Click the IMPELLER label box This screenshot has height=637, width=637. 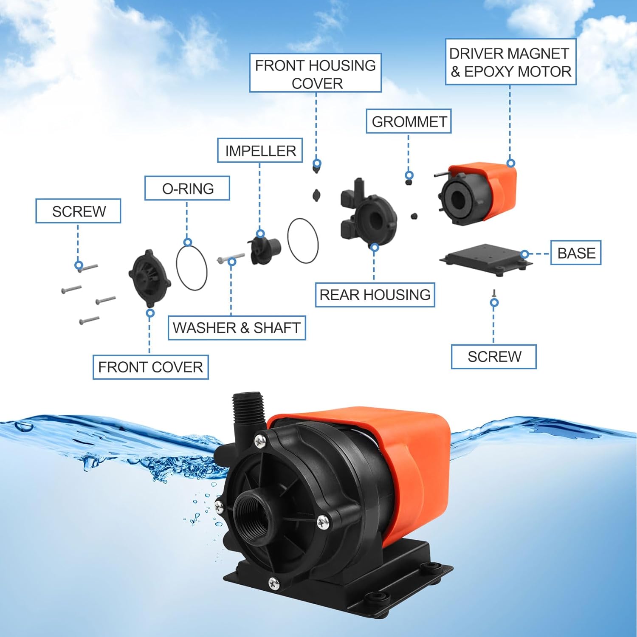click(260, 150)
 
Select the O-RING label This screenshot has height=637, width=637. click(187, 188)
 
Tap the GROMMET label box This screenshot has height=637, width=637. click(409, 121)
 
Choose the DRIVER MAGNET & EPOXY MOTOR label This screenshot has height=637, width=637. click(510, 62)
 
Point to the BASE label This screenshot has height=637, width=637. click(576, 253)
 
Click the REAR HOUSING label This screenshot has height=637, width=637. click(375, 294)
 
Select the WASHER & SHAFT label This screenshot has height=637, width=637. click(237, 327)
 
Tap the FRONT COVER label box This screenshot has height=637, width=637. click(150, 367)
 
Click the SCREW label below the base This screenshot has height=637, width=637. click(494, 356)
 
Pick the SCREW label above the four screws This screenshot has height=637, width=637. click(78, 211)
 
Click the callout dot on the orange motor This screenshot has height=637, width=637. click(511, 163)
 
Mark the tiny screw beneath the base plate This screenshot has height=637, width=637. click(494, 293)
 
